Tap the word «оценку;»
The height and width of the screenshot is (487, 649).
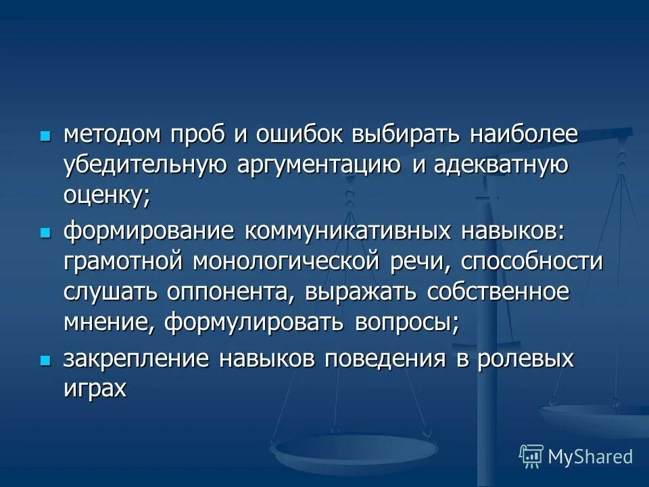coord(106,196)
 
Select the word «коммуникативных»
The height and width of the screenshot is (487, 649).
coord(348,231)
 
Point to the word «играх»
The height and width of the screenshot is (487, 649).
coord(95,389)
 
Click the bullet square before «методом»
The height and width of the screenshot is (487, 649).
coord(45,135)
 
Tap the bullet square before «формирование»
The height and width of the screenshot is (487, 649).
coord(45,232)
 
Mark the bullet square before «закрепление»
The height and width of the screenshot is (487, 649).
coord(45,360)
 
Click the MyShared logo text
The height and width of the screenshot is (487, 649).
coord(590,456)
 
